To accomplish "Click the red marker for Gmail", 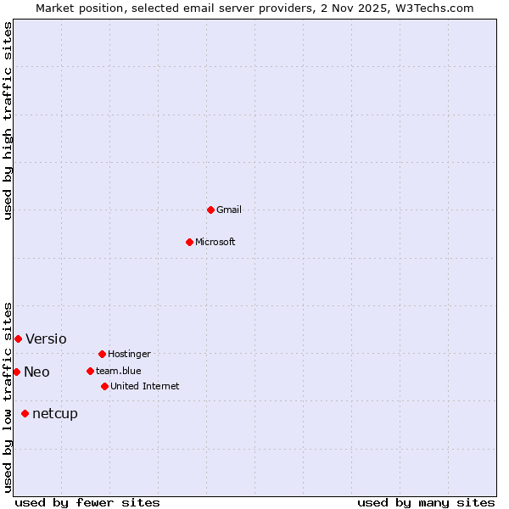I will click(x=210, y=210).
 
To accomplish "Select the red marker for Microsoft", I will click(x=190, y=242).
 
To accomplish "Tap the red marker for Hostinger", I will click(x=102, y=354).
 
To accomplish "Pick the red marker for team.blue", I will click(x=90, y=371).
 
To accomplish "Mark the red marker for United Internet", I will click(x=104, y=386).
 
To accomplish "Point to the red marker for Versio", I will click(x=18, y=338).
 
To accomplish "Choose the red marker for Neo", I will click(x=16, y=372).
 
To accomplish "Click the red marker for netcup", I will click(x=25, y=413).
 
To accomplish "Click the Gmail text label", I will click(x=229, y=210).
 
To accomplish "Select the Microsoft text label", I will click(x=215, y=242).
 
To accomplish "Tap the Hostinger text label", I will click(x=129, y=354).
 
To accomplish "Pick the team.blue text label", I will click(x=119, y=371).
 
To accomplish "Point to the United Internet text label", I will click(x=145, y=386).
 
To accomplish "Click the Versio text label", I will click(x=46, y=339).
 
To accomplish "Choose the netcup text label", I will click(x=55, y=414).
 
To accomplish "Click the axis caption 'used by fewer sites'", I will click(x=87, y=502).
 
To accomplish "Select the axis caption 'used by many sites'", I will click(x=426, y=502).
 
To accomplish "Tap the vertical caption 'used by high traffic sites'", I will click(x=8, y=120).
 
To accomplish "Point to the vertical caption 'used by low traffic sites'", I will click(x=8, y=396).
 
